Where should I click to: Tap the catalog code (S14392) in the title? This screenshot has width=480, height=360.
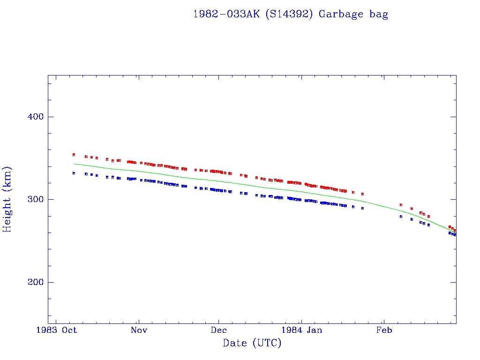(289, 14)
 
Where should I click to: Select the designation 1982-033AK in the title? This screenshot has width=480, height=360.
(227, 14)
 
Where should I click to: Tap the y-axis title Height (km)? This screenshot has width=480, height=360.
(8, 199)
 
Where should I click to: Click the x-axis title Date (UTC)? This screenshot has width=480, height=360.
(252, 343)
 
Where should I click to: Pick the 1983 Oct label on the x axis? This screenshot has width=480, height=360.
(57, 330)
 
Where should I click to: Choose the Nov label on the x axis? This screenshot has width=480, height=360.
(139, 330)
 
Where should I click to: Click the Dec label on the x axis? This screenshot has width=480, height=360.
(219, 330)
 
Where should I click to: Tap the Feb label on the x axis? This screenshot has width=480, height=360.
(384, 330)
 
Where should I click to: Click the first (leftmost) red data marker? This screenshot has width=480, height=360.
(74, 155)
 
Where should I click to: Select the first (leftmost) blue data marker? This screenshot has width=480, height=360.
(74, 173)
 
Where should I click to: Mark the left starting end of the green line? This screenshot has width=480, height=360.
(74, 164)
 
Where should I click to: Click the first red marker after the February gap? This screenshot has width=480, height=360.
(401, 205)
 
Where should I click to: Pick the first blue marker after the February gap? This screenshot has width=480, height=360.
(401, 217)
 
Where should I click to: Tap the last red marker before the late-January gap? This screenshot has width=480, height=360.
(362, 194)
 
